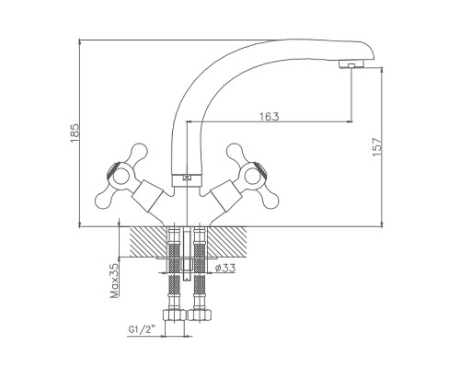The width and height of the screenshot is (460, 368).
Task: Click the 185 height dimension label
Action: pos(75,132)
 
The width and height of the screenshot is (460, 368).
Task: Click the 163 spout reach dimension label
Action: pos(270,117)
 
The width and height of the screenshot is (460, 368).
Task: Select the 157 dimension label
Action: pos(377,147)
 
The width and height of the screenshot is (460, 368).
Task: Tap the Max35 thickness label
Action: pos(114,281)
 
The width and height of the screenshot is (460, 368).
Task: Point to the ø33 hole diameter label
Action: pos(225,268)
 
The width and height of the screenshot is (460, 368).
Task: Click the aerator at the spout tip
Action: pos(351,64)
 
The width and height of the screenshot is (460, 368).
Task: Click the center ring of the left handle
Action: pos(119,176)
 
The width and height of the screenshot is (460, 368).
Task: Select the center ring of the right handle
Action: pos(253,176)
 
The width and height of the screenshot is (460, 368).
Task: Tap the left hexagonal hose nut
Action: pos(174,315)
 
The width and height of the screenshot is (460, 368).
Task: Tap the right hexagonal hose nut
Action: pos(200,315)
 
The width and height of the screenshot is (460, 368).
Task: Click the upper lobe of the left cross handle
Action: pos(139,152)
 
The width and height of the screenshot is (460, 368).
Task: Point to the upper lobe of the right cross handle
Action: pos(234,152)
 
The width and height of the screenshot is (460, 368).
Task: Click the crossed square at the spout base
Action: pos(187,178)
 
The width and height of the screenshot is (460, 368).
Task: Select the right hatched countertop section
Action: pos(227,242)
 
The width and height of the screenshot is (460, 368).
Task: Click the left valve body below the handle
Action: pos(148,196)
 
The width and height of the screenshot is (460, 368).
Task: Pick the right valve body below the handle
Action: pos(224,196)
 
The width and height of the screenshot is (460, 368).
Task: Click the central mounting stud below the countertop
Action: pos(187,255)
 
